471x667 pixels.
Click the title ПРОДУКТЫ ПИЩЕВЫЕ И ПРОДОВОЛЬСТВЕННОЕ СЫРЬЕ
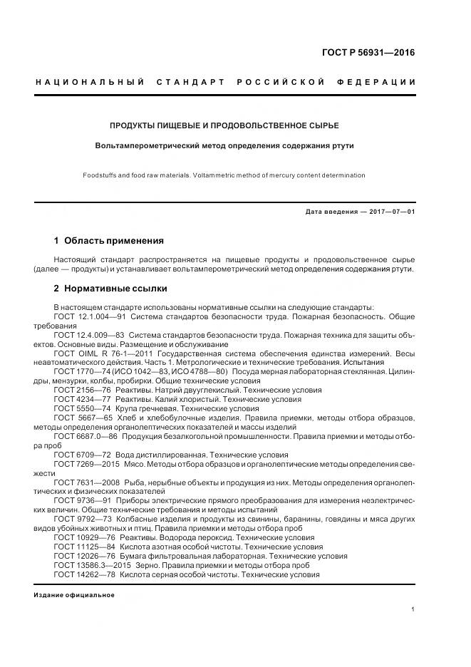[x=224, y=125]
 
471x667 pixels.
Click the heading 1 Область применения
[x=108, y=241]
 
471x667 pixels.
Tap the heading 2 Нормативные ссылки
[x=110, y=289]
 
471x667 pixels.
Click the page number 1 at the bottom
[x=413, y=609]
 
